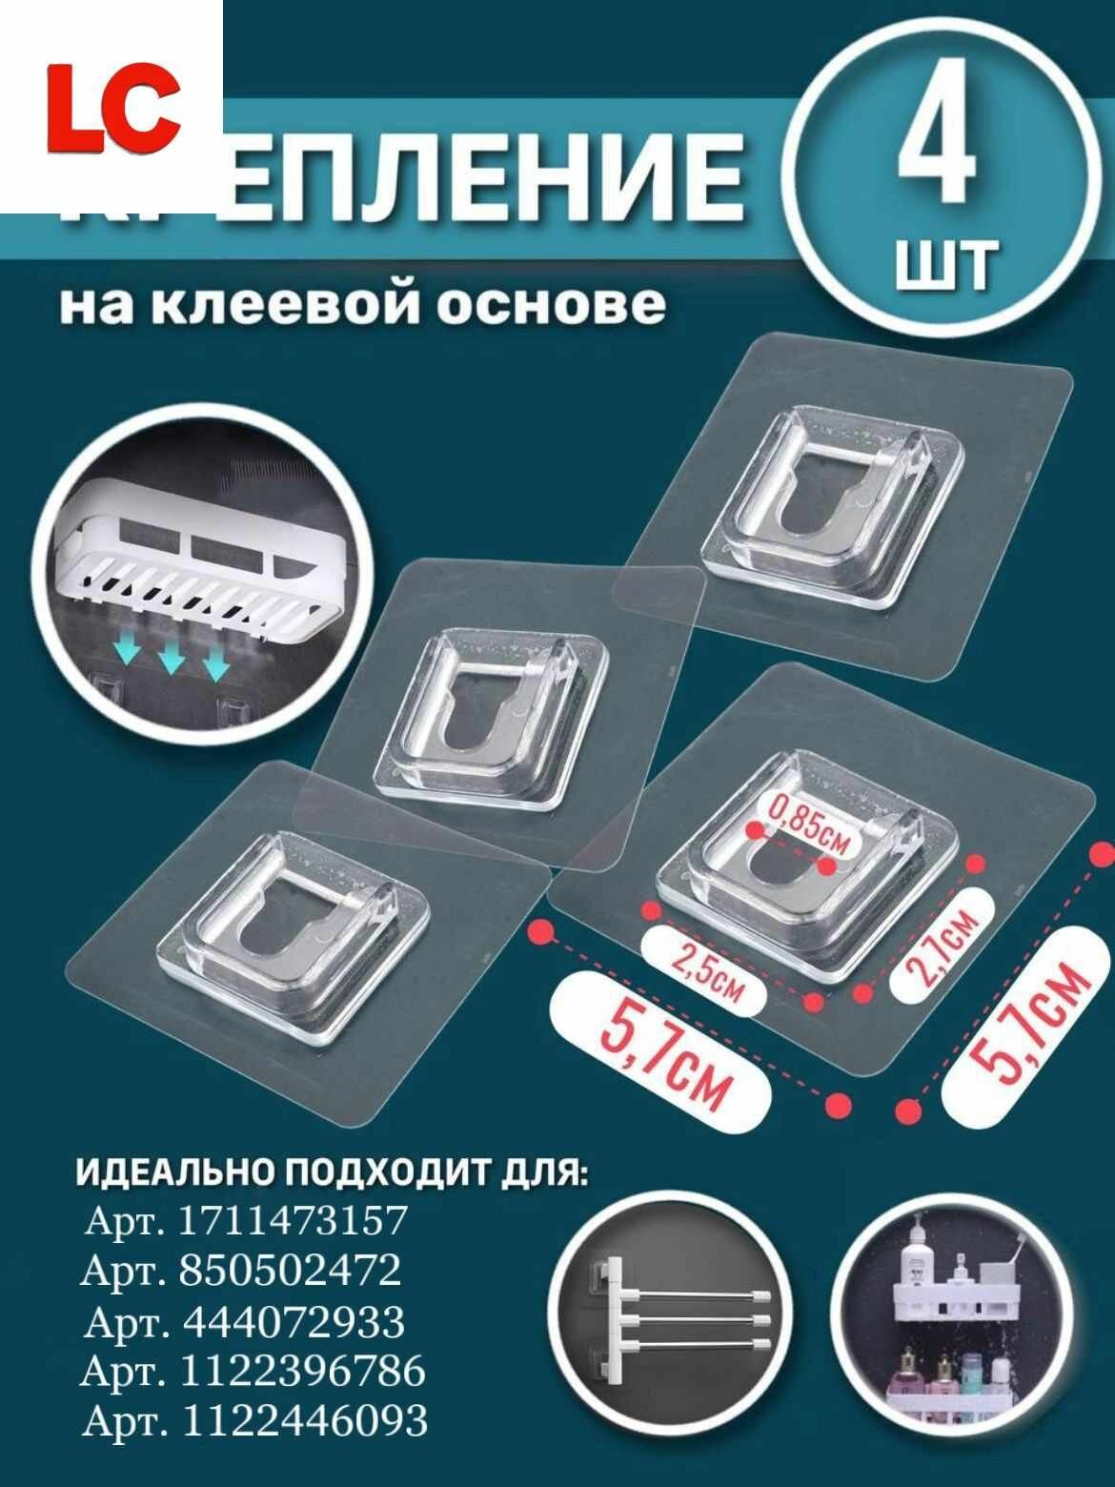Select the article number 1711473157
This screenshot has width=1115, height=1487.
[x=293, y=1221]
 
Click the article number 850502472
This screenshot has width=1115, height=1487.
[x=289, y=1271]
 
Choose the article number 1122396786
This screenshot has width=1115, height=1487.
[x=301, y=1372]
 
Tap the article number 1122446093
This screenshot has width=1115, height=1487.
[x=303, y=1421]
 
